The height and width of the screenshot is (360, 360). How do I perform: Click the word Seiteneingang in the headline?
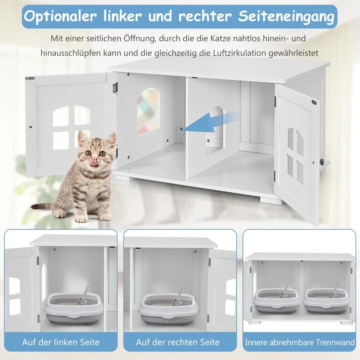[x=286, y=16]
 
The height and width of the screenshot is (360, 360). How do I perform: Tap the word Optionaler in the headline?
[x=61, y=16]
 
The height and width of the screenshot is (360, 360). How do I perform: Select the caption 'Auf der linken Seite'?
[x=61, y=342]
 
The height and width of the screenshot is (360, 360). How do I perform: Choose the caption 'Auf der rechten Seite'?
[x=178, y=342]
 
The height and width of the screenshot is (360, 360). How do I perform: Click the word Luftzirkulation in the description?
[x=235, y=53]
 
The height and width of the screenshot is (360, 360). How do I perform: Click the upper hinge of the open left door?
[x=114, y=88]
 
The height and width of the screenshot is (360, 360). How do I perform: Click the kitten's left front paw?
[x=81, y=218]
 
